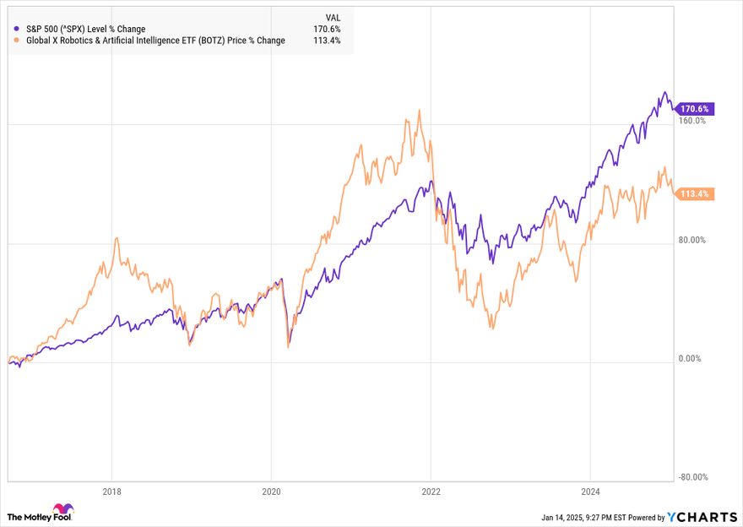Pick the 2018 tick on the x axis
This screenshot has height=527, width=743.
112,490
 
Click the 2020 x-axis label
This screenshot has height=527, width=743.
272,490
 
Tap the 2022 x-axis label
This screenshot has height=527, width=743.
431,490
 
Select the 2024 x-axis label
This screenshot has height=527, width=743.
590,490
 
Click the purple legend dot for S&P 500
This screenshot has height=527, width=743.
18,29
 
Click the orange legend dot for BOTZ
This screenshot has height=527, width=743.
18,40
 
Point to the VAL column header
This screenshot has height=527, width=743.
333,17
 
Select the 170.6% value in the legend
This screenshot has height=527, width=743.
327,29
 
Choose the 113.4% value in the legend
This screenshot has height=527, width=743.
327,40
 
